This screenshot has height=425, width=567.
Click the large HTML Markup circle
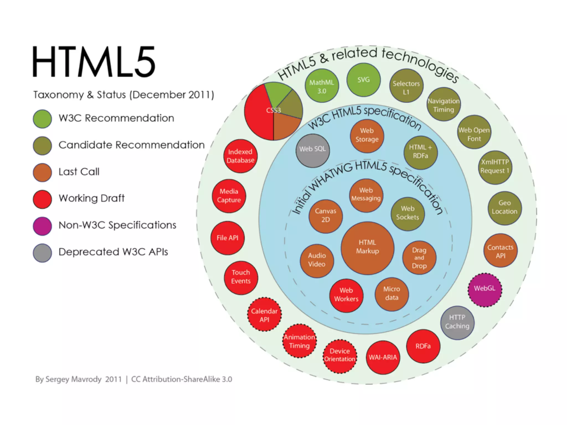coord(367,248)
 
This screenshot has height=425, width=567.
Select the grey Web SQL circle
coord(313,151)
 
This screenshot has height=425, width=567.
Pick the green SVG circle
coord(364,80)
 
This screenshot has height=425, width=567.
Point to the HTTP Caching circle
coord(457,323)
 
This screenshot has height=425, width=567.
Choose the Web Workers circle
coord(346,296)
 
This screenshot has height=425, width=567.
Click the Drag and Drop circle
coord(419,258)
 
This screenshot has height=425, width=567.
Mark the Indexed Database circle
coord(240,156)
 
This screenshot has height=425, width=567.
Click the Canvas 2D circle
coord(326,216)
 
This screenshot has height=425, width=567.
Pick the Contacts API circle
coord(500,250)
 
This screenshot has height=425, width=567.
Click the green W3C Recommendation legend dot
coord(42,119)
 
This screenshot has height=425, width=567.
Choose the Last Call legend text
coord(79,172)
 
